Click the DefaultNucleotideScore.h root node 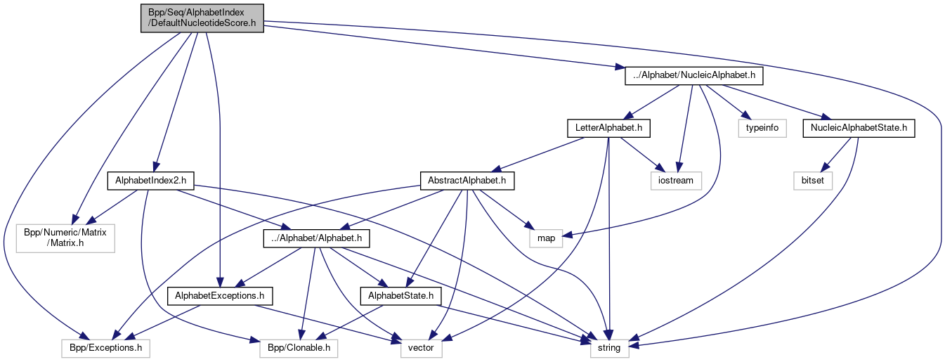click(201, 17)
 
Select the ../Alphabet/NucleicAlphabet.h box click(693, 75)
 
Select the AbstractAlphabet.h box click(467, 181)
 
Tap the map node click(546, 238)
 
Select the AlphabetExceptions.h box click(220, 295)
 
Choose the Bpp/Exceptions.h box click(105, 347)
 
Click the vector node click(422, 347)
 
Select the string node click(609, 347)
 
